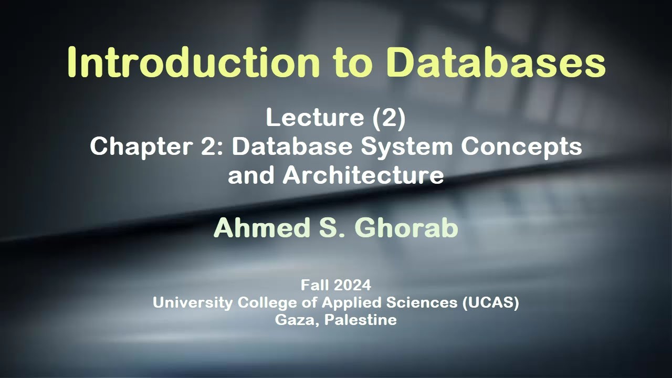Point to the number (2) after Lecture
click(x=389, y=118)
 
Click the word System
click(x=406, y=147)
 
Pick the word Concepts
click(x=521, y=147)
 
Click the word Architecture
click(x=363, y=175)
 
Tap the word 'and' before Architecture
click(x=251, y=175)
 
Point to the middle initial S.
click(x=332, y=228)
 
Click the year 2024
click(x=351, y=285)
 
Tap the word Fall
click(x=314, y=285)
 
